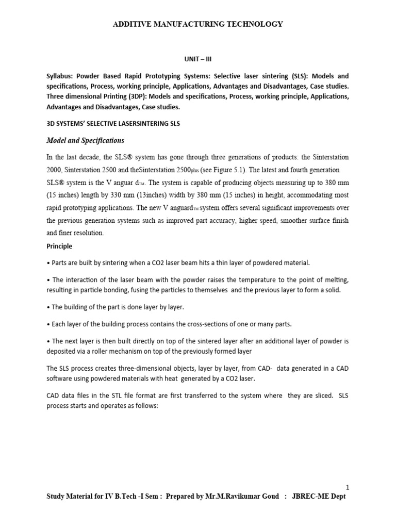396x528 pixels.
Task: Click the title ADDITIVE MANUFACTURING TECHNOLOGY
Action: (197, 24)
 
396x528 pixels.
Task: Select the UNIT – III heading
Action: (197, 59)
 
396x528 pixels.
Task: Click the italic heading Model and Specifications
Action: (86, 140)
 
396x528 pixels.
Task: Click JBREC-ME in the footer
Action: (313, 496)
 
